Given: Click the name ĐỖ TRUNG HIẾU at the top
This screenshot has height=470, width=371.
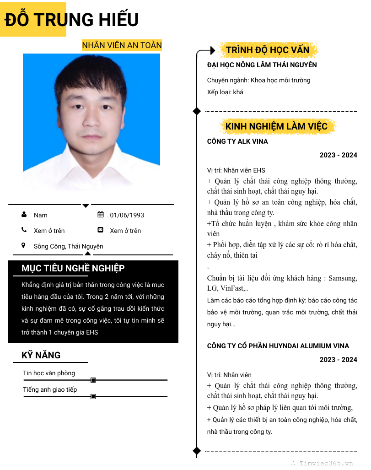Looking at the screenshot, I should pyautogui.click(x=72, y=20).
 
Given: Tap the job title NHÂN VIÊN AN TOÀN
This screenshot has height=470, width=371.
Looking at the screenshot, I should pyautogui.click(x=122, y=45).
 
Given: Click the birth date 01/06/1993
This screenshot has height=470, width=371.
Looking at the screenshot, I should pyautogui.click(x=127, y=215).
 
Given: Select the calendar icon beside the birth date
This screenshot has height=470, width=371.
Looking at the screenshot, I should pyautogui.click(x=101, y=215).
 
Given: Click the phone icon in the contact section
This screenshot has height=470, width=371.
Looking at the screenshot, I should pyautogui.click(x=24, y=230).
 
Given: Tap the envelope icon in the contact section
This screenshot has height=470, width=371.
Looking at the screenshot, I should pyautogui.click(x=101, y=230).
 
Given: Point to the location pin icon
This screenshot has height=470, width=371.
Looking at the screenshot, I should pyautogui.click(x=24, y=246).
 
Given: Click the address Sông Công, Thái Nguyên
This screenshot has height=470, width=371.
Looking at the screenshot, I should pyautogui.click(x=69, y=246).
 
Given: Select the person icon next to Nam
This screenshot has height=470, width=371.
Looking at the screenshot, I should pyautogui.click(x=24, y=215).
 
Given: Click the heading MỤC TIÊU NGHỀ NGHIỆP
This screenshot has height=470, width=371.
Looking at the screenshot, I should pyautogui.click(x=73, y=268).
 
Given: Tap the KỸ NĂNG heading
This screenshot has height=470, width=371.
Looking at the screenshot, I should pyautogui.click(x=41, y=355).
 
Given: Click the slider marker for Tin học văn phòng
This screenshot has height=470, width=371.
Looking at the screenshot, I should pyautogui.click(x=93, y=380).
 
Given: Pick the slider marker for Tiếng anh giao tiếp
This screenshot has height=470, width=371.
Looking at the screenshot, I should pyautogui.click(x=93, y=396).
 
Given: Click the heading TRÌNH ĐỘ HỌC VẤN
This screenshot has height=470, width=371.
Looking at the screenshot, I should pyautogui.click(x=268, y=50).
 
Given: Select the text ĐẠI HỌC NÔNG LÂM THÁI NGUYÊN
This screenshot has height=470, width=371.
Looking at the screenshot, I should pyautogui.click(x=262, y=65).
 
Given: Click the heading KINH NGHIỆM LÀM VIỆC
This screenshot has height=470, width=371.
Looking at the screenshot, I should pyautogui.click(x=276, y=126).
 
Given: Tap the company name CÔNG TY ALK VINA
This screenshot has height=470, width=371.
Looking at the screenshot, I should pyautogui.click(x=237, y=141).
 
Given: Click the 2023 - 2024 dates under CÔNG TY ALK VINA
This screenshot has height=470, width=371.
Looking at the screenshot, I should pyautogui.click(x=338, y=155).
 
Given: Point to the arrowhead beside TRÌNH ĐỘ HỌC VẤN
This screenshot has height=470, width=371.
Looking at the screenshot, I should pyautogui.click(x=212, y=50).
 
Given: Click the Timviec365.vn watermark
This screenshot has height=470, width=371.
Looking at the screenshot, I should pyautogui.click(x=326, y=463).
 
